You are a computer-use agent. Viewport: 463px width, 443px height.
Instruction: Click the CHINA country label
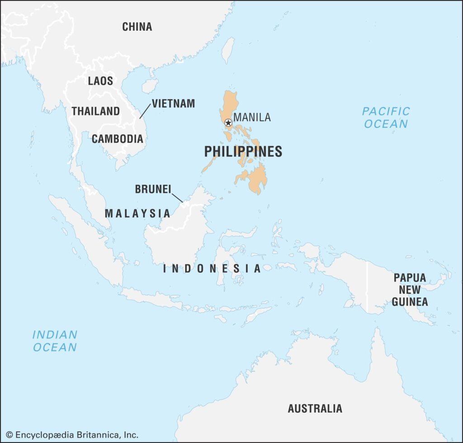click(x=137, y=27)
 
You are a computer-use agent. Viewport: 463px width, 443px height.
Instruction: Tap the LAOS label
click(x=100, y=81)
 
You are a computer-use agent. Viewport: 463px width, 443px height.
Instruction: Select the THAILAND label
click(x=96, y=111)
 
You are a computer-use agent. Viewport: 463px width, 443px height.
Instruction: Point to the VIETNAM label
click(x=173, y=104)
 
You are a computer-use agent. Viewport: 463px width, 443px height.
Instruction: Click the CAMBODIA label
click(x=118, y=139)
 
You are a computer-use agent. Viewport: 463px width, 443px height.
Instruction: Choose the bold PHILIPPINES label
click(x=243, y=151)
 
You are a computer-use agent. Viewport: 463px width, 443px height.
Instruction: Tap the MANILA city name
click(x=252, y=118)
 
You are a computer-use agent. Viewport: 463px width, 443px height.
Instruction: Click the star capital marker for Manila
click(x=228, y=123)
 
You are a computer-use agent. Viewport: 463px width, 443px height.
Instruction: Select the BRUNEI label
click(x=153, y=189)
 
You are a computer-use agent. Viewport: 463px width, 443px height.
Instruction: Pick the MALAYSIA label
click(x=137, y=213)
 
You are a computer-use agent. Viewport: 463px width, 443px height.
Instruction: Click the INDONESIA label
click(x=212, y=269)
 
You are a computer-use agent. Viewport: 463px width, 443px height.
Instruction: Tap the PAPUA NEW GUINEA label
click(x=410, y=290)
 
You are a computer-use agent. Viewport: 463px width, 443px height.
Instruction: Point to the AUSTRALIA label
click(x=315, y=409)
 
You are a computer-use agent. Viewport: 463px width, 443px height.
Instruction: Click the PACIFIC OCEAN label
click(x=386, y=117)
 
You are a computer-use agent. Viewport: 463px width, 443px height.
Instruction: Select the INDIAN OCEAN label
click(x=55, y=341)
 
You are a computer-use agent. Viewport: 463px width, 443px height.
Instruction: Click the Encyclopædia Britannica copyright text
click(x=72, y=435)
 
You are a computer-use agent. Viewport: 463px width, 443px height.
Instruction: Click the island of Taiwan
click(x=228, y=50)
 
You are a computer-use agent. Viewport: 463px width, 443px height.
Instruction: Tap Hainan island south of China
click(x=150, y=85)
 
